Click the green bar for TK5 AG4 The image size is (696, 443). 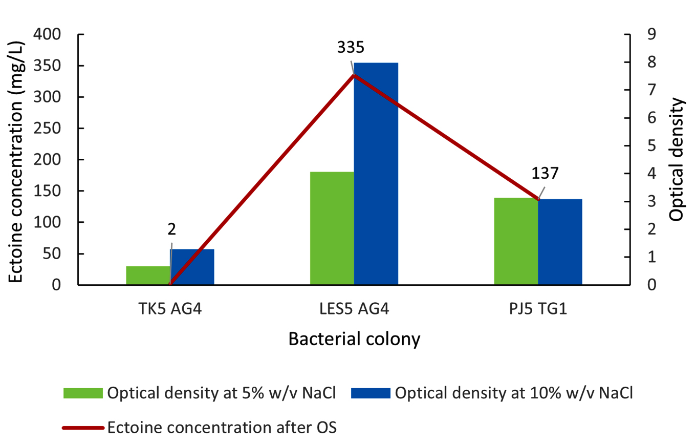pyautogui.click(x=148, y=276)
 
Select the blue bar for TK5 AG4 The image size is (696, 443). pyautogui.click(x=192, y=267)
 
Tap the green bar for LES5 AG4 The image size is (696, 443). pyautogui.click(x=332, y=228)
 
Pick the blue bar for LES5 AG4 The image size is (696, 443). pyautogui.click(x=376, y=174)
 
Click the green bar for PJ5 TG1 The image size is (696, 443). pyautogui.click(x=516, y=241)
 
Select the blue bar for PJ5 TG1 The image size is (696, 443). pyautogui.click(x=560, y=242)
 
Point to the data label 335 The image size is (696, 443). pyautogui.click(x=351, y=48)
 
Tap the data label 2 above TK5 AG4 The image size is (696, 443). pyautogui.click(x=172, y=229)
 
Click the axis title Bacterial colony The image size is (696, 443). pyautogui.click(x=354, y=339)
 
